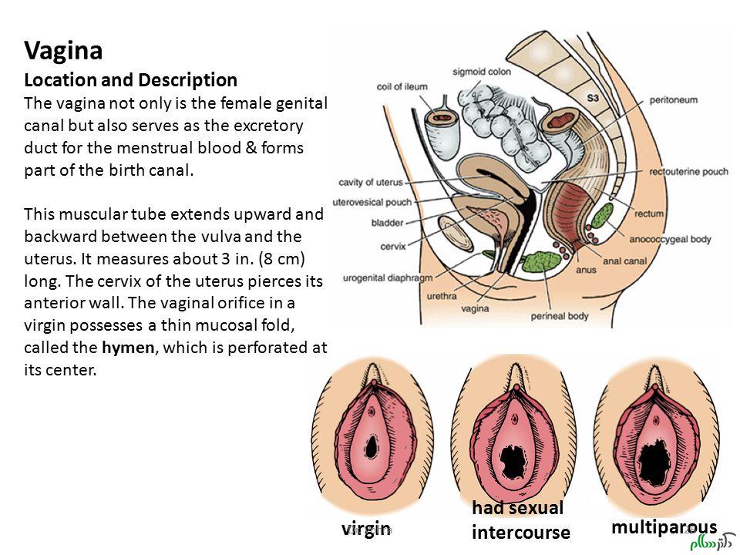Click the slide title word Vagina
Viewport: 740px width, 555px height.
pyautogui.click(x=63, y=51)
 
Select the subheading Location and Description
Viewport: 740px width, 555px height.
pyautogui.click(x=130, y=79)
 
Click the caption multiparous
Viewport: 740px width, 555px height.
pyautogui.click(x=664, y=526)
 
